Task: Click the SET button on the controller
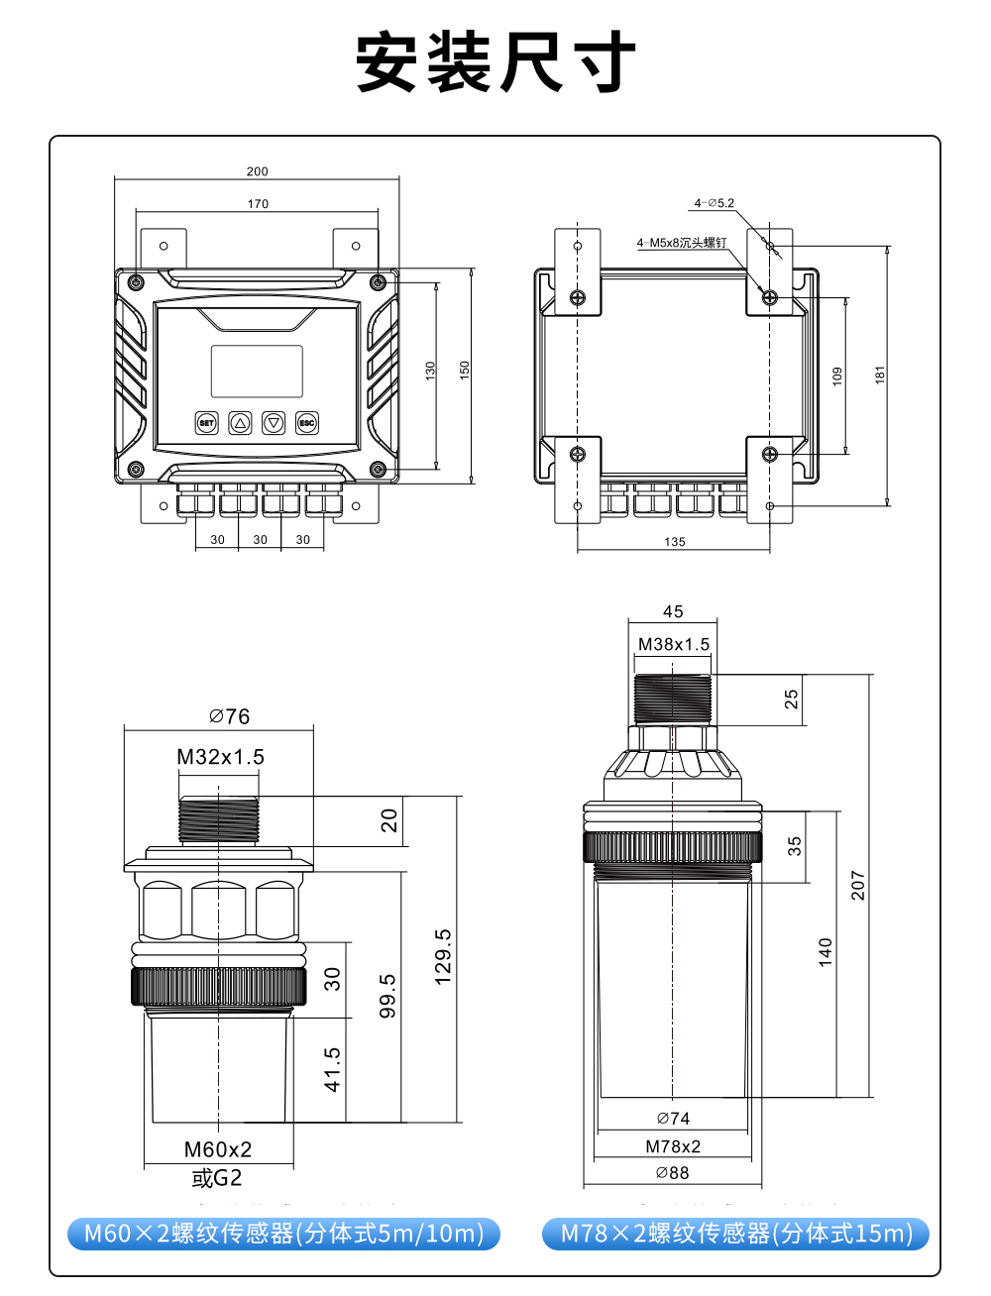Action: coord(206,423)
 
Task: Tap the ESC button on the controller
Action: coord(307,423)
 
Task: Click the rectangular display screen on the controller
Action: coord(257,372)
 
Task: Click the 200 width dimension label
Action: coord(258,171)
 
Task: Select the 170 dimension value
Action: coord(258,204)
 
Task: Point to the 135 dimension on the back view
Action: coord(675,542)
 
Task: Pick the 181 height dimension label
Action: coord(880,375)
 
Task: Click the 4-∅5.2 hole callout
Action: coord(715,203)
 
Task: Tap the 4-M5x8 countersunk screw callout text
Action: coord(682,243)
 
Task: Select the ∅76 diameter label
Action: coord(230,716)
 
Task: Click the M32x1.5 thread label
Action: coord(220,757)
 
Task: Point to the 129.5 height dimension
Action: coord(443,957)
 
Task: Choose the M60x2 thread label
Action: coord(218,1149)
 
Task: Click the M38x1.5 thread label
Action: coord(674,644)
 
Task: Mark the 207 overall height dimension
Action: coord(858,886)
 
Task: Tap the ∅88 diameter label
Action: coord(672,1173)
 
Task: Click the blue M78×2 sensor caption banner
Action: coord(735,1234)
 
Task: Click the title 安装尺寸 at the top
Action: coord(495,62)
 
